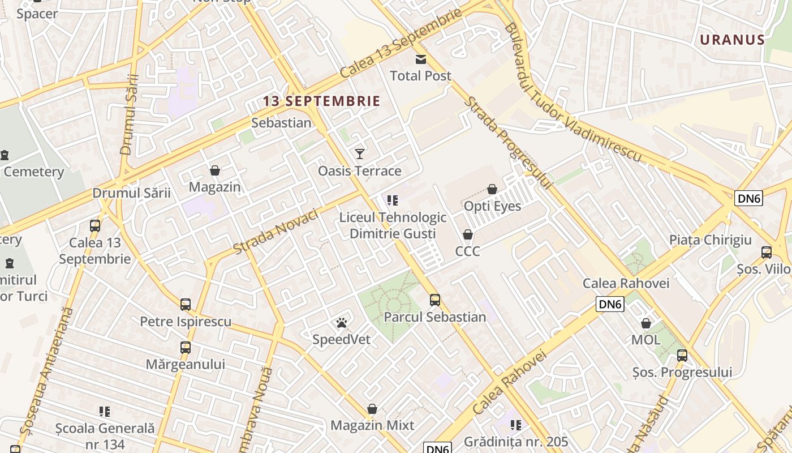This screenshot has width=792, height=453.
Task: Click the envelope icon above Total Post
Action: tap(421, 59)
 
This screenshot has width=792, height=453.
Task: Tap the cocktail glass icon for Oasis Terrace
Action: tap(359, 153)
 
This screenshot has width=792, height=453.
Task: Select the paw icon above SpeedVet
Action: tap(342, 323)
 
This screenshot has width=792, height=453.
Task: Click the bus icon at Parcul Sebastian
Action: tap(434, 300)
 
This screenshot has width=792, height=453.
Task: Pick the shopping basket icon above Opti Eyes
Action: tap(492, 189)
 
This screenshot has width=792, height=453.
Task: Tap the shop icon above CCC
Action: tap(468, 234)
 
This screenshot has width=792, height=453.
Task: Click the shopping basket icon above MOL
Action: tap(645, 323)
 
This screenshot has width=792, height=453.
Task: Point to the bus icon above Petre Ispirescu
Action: tap(186, 305)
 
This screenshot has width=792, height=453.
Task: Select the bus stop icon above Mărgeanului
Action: tap(186, 348)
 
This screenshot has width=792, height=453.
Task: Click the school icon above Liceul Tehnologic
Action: tap(393, 200)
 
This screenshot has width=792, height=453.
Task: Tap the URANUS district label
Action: tap(732, 40)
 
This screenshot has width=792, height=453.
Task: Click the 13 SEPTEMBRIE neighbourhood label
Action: tap(321, 101)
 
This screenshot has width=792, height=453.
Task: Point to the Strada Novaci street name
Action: tap(276, 232)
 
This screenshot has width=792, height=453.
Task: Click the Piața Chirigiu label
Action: tap(711, 240)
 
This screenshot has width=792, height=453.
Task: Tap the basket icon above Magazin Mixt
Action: tap(372, 409)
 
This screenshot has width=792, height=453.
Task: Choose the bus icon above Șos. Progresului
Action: tap(682, 356)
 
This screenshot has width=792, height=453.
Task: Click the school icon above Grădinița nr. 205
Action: tap(515, 425)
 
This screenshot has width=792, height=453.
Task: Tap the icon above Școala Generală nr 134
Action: tap(105, 412)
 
